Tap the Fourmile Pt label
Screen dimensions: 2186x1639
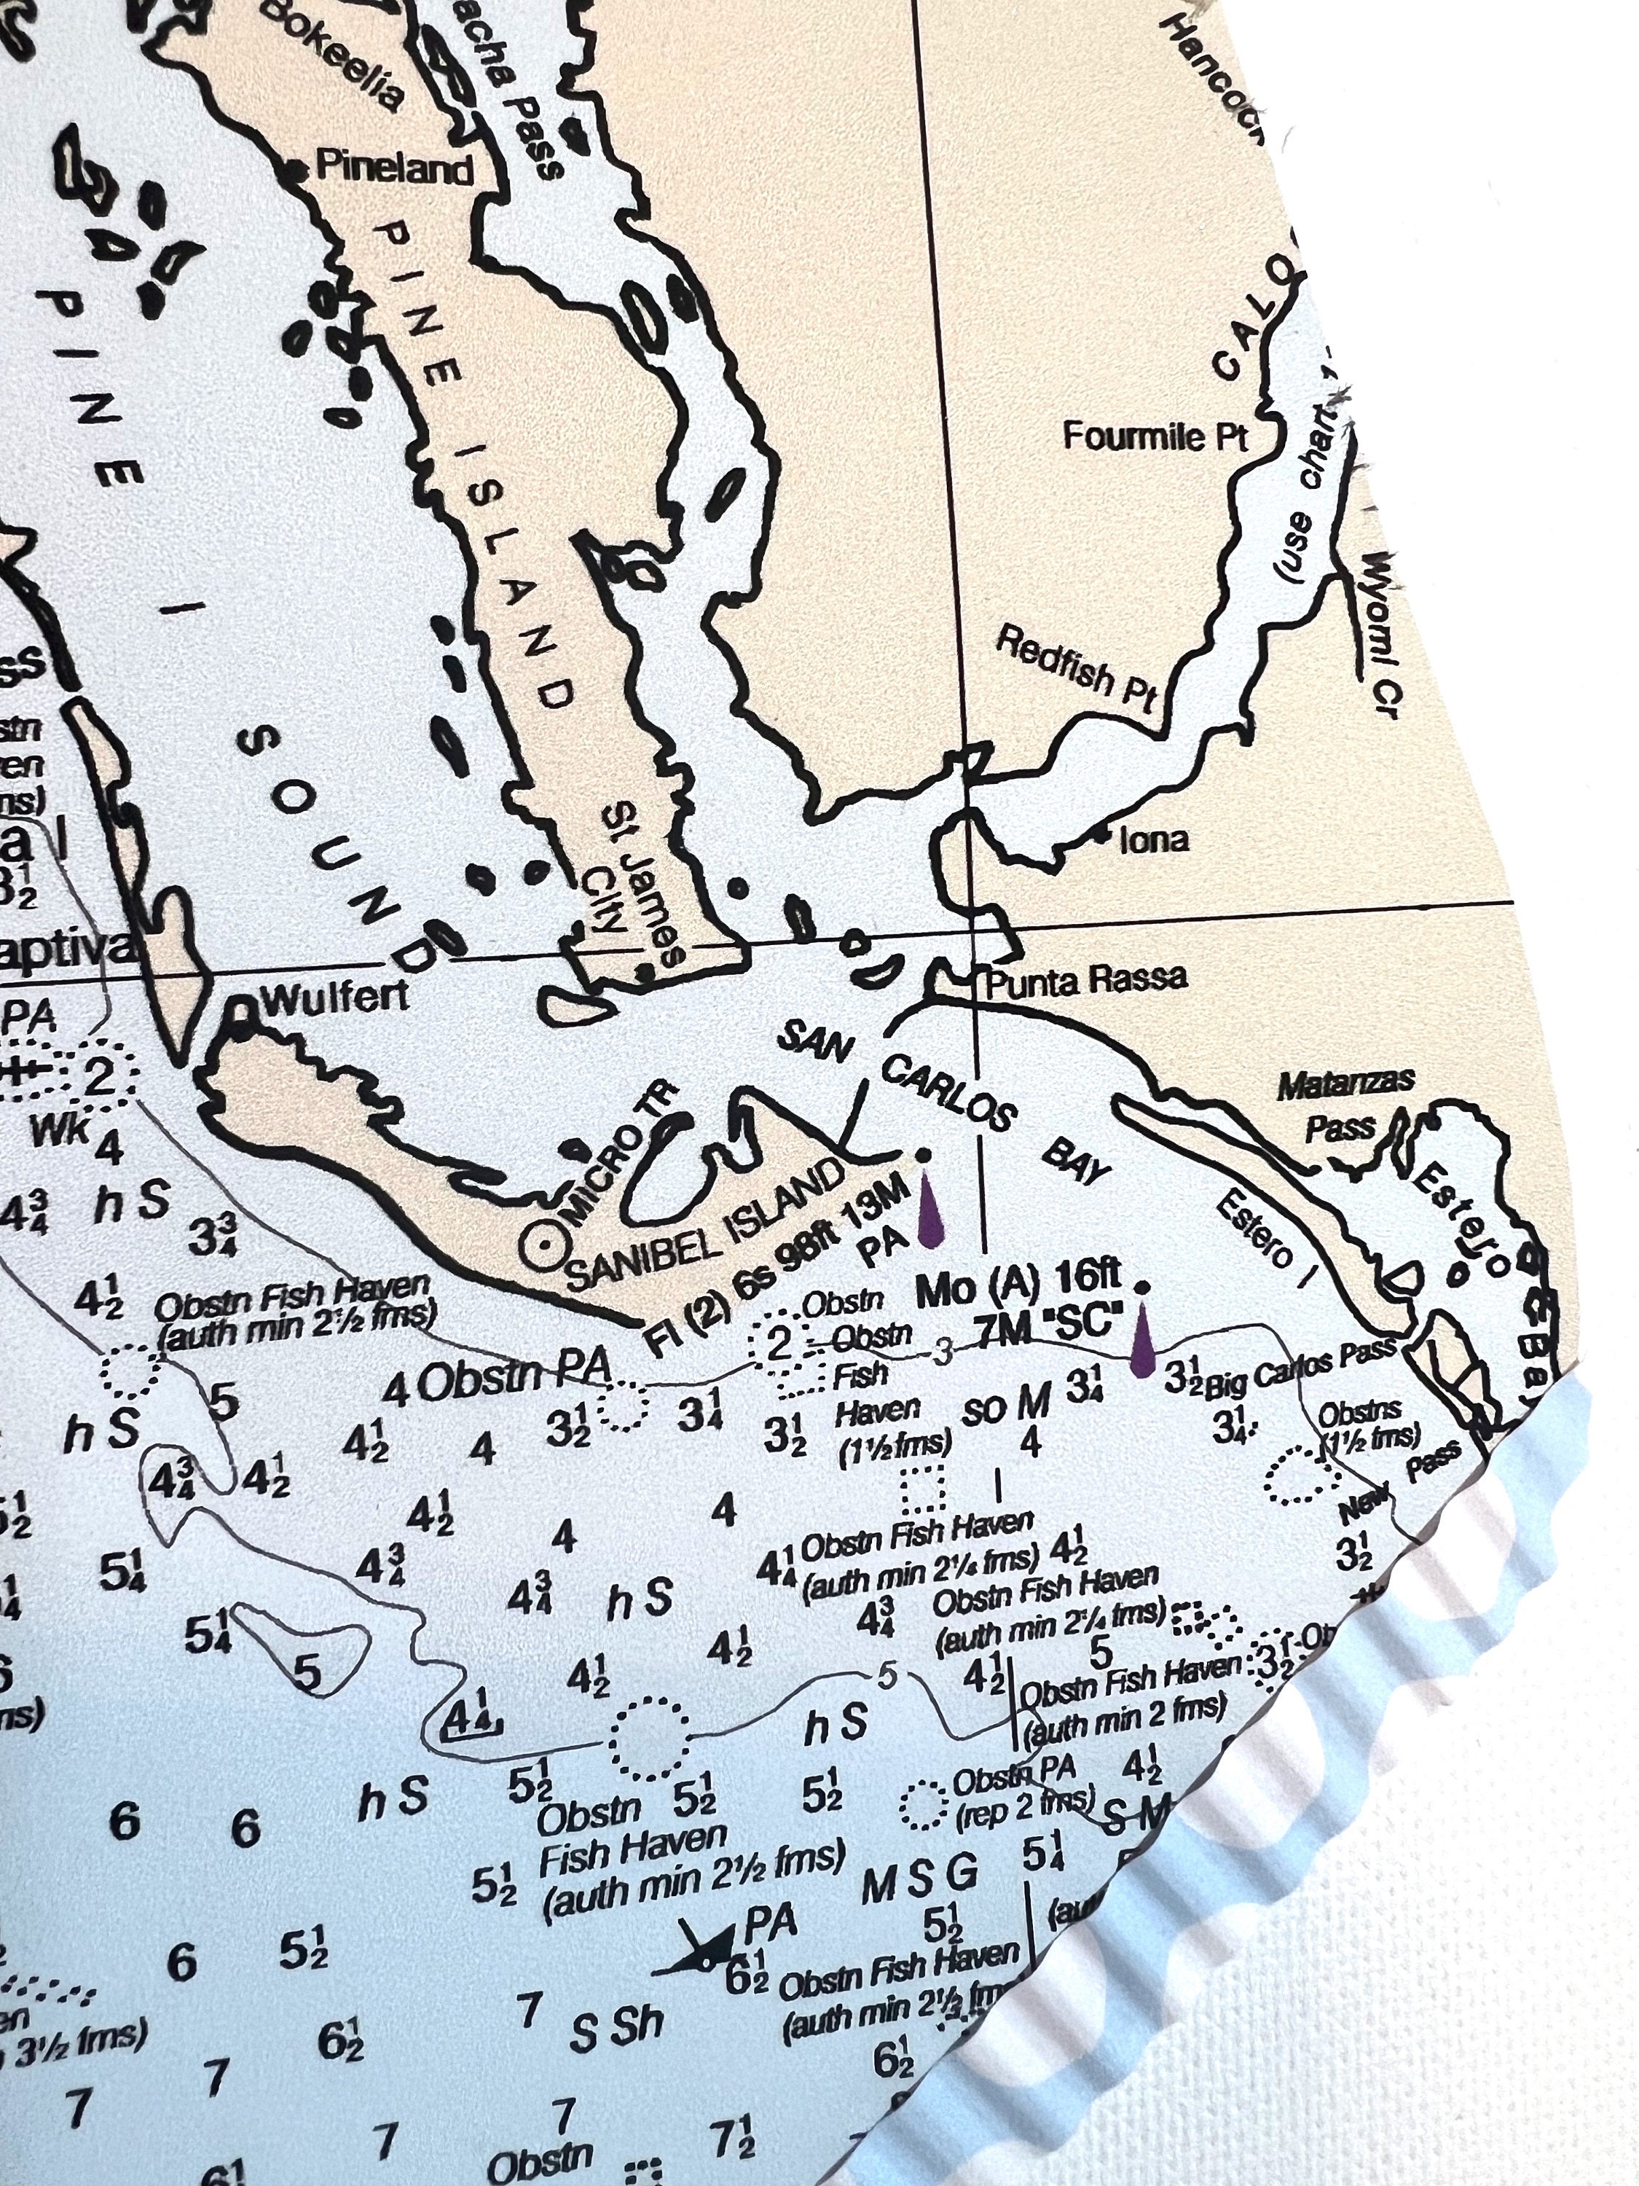tap(1155, 436)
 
